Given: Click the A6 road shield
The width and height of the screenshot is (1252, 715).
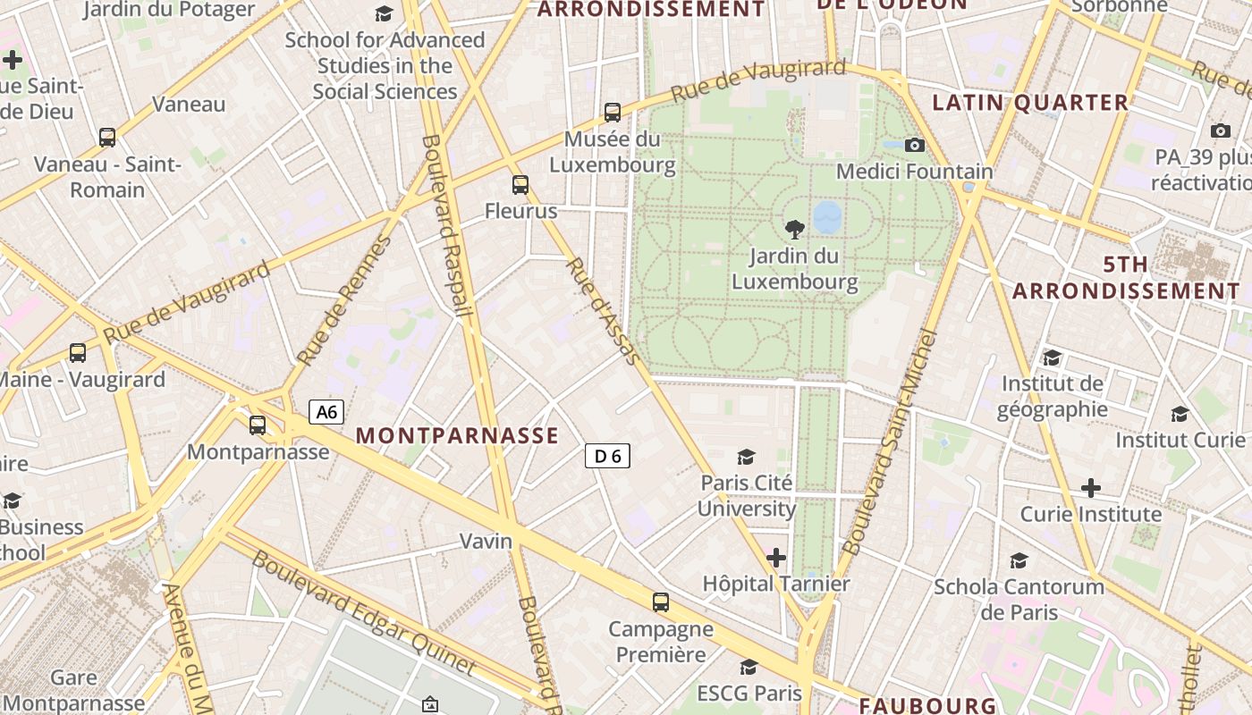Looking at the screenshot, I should pyautogui.click(x=326, y=412).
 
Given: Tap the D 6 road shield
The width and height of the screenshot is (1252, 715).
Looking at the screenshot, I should pyautogui.click(x=607, y=456).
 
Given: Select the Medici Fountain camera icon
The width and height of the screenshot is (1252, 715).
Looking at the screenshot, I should pyautogui.click(x=914, y=145).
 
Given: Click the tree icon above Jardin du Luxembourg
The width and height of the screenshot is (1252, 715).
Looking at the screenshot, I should pyautogui.click(x=793, y=230).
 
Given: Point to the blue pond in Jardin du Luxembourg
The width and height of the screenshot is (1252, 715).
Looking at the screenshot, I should pyautogui.click(x=828, y=215).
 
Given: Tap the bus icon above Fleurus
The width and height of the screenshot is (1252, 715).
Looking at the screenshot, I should pyautogui.click(x=520, y=185).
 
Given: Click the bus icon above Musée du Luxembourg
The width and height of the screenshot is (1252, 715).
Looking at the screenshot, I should pyautogui.click(x=613, y=113).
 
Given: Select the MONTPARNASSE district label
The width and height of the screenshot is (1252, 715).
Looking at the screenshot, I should pyautogui.click(x=457, y=436).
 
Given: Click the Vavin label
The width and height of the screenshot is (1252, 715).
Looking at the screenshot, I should pyautogui.click(x=486, y=541).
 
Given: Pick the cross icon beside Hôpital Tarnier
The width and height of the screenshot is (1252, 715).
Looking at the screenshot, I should pyautogui.click(x=776, y=559).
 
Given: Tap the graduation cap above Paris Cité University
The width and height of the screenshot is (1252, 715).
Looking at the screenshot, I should pyautogui.click(x=746, y=458).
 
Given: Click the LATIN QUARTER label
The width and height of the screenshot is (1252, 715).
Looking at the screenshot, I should pyautogui.click(x=1030, y=103).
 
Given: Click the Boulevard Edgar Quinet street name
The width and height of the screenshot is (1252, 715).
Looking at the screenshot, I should pyautogui.click(x=364, y=612).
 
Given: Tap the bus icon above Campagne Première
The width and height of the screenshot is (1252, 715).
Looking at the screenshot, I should pyautogui.click(x=661, y=602).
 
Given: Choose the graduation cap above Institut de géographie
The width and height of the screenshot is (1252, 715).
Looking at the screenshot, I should pyautogui.click(x=1052, y=358).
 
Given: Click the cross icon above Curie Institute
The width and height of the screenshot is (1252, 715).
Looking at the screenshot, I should pyautogui.click(x=1090, y=488).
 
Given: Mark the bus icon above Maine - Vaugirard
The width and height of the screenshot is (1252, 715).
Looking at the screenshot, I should pyautogui.click(x=78, y=353).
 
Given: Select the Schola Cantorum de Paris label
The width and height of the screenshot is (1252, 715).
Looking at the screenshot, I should pyautogui.click(x=1019, y=599).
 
